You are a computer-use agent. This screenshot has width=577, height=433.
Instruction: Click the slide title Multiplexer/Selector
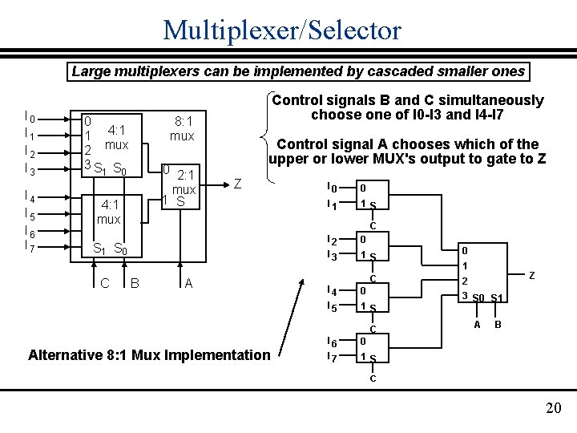[x=281, y=30]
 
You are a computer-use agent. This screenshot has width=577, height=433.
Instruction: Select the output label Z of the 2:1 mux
[x=238, y=184]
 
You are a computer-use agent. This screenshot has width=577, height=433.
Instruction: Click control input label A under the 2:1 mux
[x=188, y=282]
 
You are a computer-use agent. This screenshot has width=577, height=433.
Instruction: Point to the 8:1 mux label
[x=182, y=129]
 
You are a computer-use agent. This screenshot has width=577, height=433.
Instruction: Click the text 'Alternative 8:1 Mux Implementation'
[x=149, y=354]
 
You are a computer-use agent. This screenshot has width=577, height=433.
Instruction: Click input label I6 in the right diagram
[x=332, y=342]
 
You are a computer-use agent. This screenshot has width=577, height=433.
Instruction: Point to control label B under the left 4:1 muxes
[x=135, y=282]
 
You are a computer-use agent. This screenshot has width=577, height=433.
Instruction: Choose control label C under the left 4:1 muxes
[x=105, y=282]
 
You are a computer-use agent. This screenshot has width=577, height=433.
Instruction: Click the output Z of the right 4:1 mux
[x=531, y=275]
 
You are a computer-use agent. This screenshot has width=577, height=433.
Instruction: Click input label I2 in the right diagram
[x=332, y=240]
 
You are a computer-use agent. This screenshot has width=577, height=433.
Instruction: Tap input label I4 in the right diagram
[x=332, y=290]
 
